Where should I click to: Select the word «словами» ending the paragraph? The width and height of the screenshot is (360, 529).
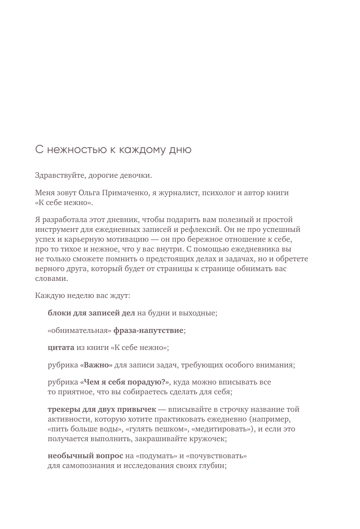point(51,279)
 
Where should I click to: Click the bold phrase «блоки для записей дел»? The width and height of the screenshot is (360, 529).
point(91,313)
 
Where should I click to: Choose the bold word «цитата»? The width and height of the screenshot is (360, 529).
point(61,348)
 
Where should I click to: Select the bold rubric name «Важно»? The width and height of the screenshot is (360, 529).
point(96,365)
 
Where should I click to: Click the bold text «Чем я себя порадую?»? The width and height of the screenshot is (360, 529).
point(124,382)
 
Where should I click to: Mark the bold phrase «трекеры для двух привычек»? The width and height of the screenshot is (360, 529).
point(102,410)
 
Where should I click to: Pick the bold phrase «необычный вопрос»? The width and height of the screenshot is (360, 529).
point(85,456)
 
